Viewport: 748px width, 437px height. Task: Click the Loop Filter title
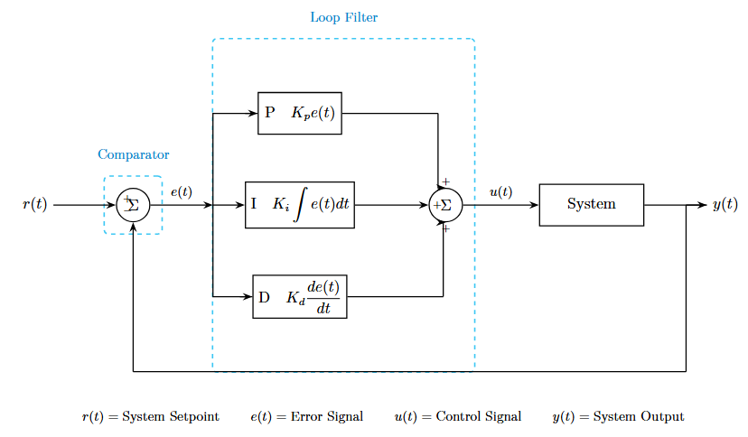tap(344, 17)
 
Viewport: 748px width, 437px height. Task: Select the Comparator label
tap(134, 154)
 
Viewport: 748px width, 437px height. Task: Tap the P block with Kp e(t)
tap(300, 113)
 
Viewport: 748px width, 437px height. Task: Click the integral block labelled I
tap(300, 205)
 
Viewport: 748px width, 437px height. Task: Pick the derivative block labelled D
tap(300, 296)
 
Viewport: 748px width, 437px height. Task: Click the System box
tap(591, 204)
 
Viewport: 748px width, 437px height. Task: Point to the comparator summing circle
tap(133, 205)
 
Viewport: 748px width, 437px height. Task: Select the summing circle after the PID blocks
tap(445, 205)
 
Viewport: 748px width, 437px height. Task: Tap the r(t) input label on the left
tap(34, 205)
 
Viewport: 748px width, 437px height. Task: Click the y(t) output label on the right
tap(725, 205)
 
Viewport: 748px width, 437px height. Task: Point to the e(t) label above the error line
tap(181, 191)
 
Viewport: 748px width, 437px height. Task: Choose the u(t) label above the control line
tap(500, 191)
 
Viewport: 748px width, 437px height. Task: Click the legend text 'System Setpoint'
tap(171, 416)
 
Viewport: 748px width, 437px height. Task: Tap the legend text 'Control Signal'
tap(478, 416)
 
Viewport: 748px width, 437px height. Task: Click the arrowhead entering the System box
tap(534, 205)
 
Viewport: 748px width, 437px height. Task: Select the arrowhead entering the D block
tap(248, 296)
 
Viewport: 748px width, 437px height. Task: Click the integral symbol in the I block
tap(301, 205)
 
